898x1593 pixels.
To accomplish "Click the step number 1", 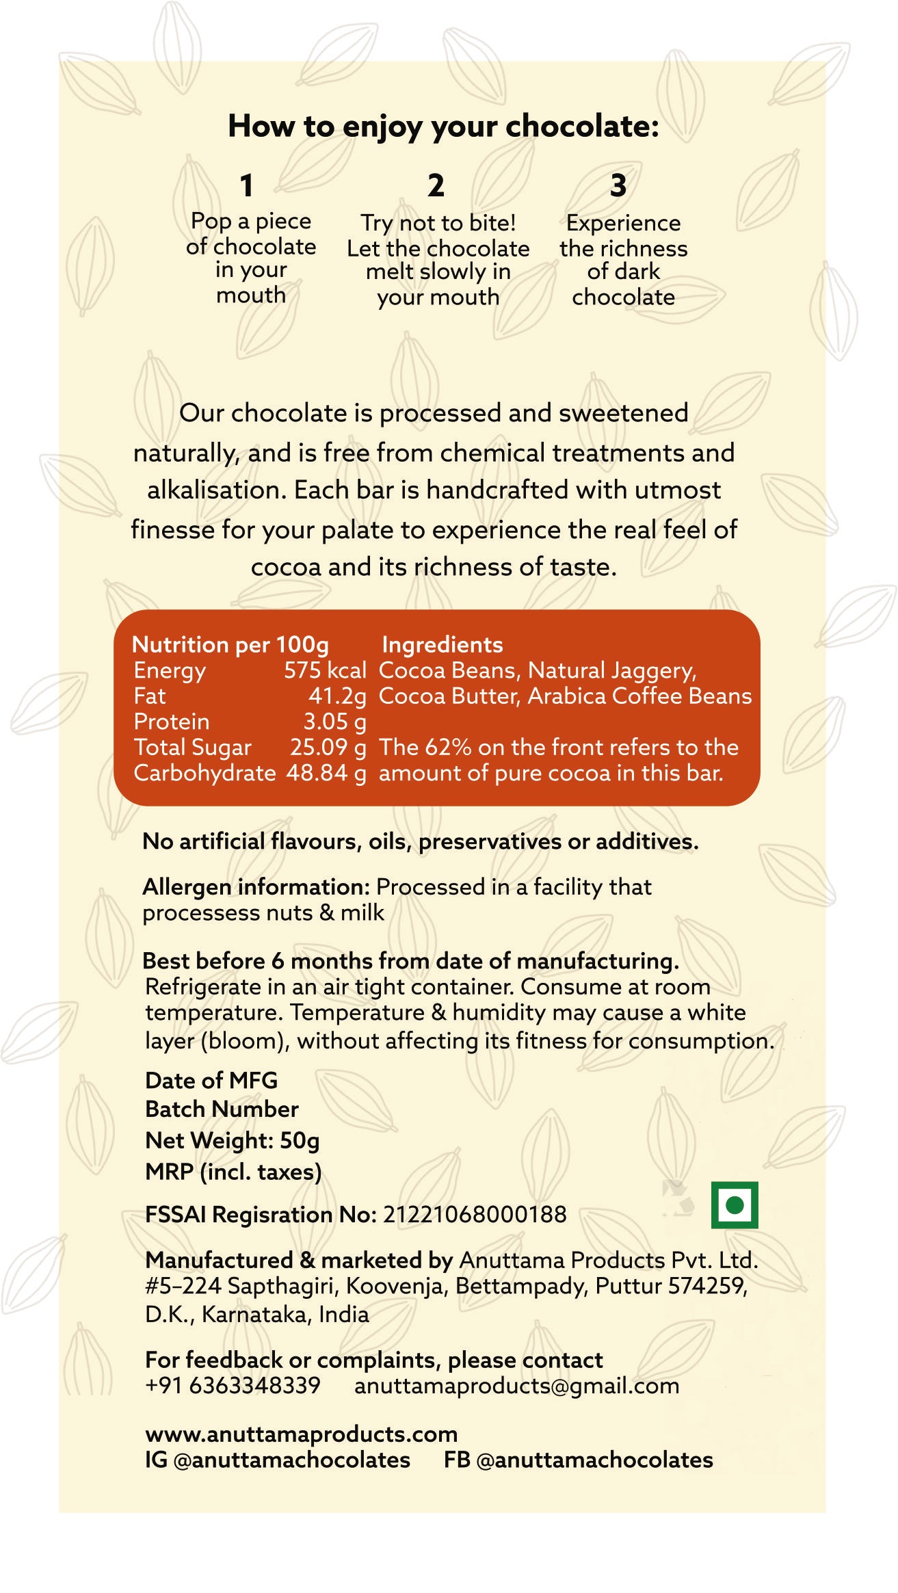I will (246, 185).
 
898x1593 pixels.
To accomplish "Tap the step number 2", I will (436, 185).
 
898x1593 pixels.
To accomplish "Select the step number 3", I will (618, 185).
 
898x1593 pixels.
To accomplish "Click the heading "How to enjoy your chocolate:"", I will (443, 126).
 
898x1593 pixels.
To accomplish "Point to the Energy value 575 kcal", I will (325, 670).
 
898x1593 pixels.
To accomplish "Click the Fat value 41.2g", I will (337, 696).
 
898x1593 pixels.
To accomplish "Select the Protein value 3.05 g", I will (334, 722).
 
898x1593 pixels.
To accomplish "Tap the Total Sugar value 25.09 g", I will (328, 747).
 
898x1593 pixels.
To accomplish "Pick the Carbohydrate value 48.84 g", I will (326, 773).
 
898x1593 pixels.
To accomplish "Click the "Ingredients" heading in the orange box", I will (442, 644).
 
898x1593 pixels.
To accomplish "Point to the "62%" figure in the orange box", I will (448, 747).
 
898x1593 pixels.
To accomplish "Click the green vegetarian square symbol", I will (735, 1204).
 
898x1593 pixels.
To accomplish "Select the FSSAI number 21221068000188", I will (475, 1214).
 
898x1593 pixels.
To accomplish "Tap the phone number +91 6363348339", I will (233, 1386).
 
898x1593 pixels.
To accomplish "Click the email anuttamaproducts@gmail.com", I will (516, 1386).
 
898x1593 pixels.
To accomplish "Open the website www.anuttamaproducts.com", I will (302, 1434).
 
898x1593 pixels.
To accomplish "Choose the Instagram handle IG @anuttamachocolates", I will (278, 1460).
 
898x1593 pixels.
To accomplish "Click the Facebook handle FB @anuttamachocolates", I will (578, 1460).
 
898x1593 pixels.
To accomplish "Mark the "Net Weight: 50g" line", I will (233, 1140).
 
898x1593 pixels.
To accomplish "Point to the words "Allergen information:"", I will (256, 886).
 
